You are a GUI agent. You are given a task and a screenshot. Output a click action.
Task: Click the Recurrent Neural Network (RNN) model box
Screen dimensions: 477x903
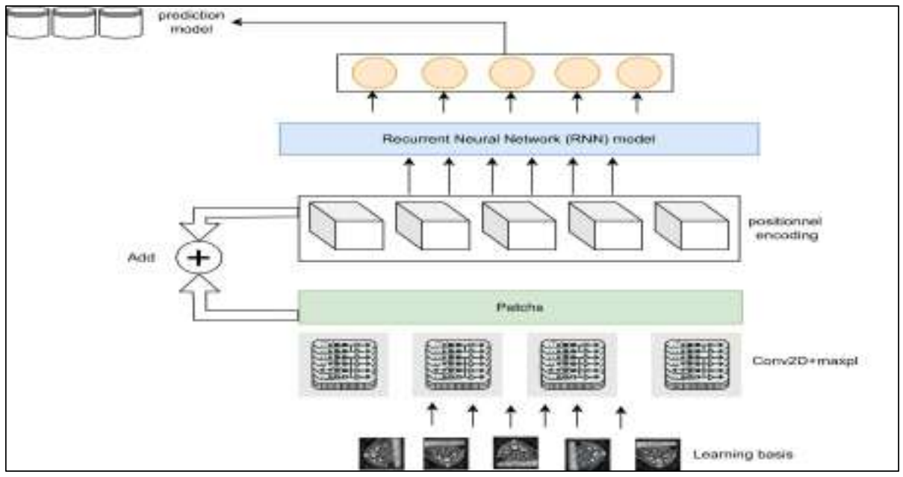click(519, 140)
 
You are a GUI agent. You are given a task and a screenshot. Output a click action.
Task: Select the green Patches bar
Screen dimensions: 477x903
click(521, 307)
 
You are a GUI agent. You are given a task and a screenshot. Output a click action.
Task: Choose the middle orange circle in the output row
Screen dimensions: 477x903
click(511, 73)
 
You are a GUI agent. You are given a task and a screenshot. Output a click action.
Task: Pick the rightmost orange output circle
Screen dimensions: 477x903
click(639, 73)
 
